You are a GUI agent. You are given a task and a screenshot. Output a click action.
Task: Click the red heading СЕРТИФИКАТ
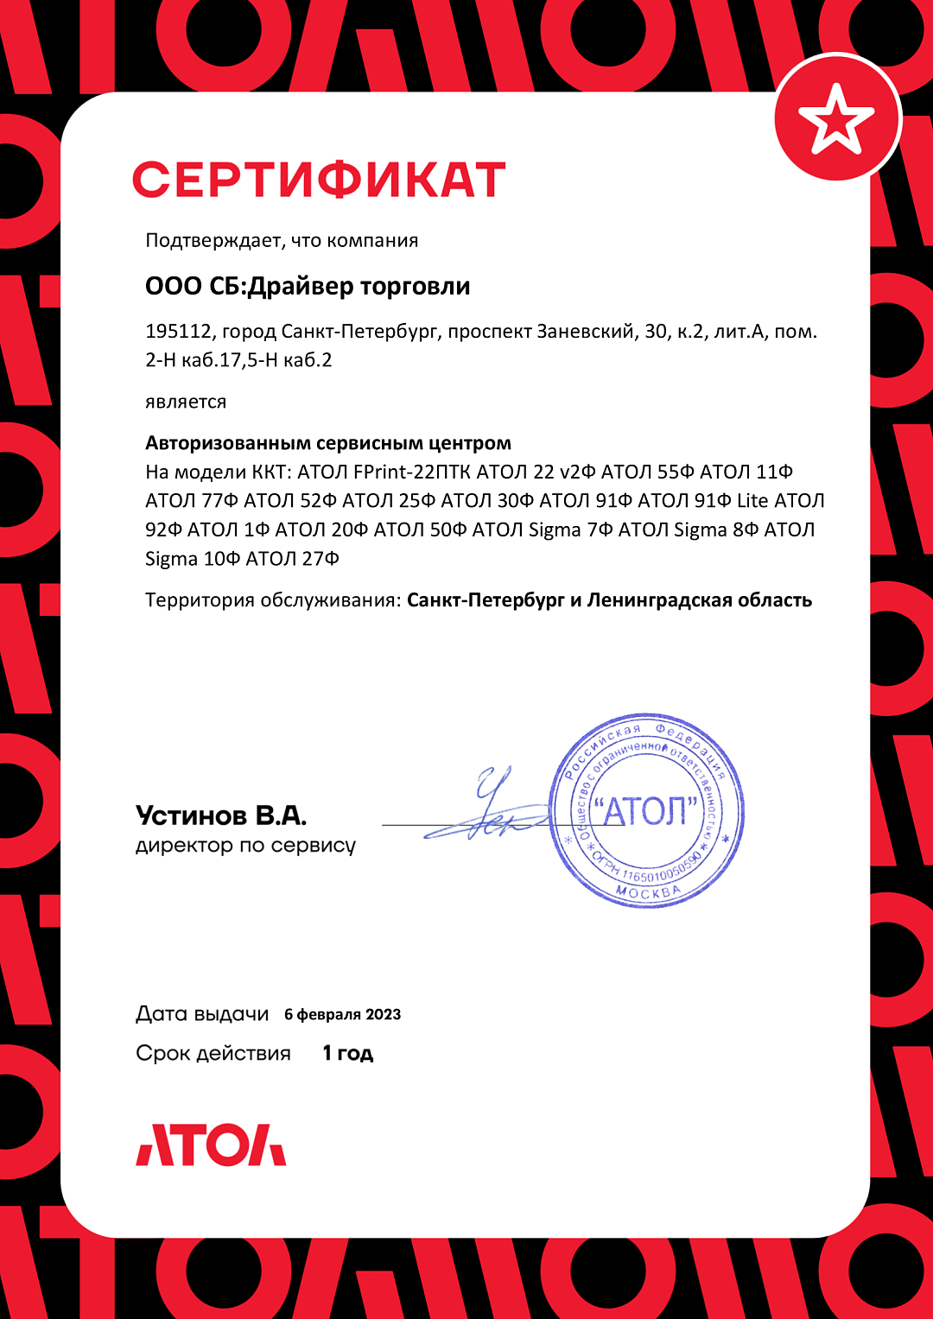[x=318, y=180]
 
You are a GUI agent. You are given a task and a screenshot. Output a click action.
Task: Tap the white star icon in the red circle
[x=835, y=118]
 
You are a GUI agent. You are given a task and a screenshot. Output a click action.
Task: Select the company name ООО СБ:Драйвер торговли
[x=308, y=286]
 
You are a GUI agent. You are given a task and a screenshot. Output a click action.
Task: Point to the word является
[x=186, y=402]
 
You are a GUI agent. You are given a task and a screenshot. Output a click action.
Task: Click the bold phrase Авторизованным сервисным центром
[x=328, y=443]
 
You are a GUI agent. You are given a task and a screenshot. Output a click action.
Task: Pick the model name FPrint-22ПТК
[x=412, y=472]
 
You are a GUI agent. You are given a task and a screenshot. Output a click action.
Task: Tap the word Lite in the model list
[x=752, y=501]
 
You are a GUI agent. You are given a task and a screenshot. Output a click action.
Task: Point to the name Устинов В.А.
[x=221, y=815]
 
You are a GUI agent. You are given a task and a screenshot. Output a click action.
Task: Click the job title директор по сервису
[x=245, y=846]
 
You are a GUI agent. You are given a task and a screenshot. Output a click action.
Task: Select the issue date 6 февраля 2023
[x=342, y=1014]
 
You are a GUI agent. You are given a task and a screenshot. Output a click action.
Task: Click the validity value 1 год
[x=347, y=1053]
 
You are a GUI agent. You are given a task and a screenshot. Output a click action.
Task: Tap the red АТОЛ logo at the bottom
[x=211, y=1145]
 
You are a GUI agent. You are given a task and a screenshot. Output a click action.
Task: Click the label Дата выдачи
[x=202, y=1014]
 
